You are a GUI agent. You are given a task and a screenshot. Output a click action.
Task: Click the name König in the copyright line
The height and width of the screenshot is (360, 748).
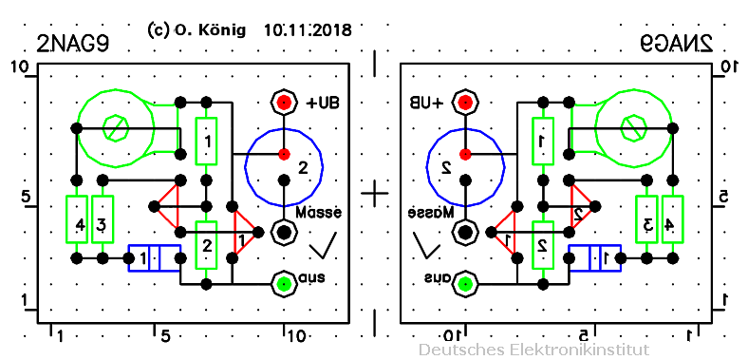point(222,30)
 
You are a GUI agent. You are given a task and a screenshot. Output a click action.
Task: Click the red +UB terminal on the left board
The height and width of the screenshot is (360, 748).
point(283,102)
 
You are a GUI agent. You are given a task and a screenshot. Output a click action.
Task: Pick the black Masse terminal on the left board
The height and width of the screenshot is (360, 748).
point(283,231)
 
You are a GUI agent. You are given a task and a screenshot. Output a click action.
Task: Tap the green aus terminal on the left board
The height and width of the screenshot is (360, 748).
point(283,282)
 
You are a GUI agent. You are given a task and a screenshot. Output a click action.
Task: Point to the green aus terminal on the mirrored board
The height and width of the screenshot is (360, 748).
point(465,282)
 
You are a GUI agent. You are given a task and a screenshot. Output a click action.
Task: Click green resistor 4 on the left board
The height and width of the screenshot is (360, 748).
point(76,219)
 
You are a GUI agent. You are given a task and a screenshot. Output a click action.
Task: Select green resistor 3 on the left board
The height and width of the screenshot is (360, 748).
point(102,219)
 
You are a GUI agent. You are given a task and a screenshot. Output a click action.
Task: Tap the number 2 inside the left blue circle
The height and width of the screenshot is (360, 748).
point(303,168)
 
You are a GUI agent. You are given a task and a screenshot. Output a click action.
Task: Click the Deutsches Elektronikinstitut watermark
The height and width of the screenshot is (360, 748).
point(533,350)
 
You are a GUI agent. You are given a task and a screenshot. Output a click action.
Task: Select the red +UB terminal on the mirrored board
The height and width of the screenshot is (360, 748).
point(465,102)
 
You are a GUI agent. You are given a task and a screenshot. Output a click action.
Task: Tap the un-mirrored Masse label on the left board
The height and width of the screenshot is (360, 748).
point(318,211)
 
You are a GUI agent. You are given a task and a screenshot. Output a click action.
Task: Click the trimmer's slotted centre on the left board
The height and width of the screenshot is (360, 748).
point(115,127)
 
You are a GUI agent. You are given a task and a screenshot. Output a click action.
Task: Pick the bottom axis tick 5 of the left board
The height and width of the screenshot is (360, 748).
point(164,335)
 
